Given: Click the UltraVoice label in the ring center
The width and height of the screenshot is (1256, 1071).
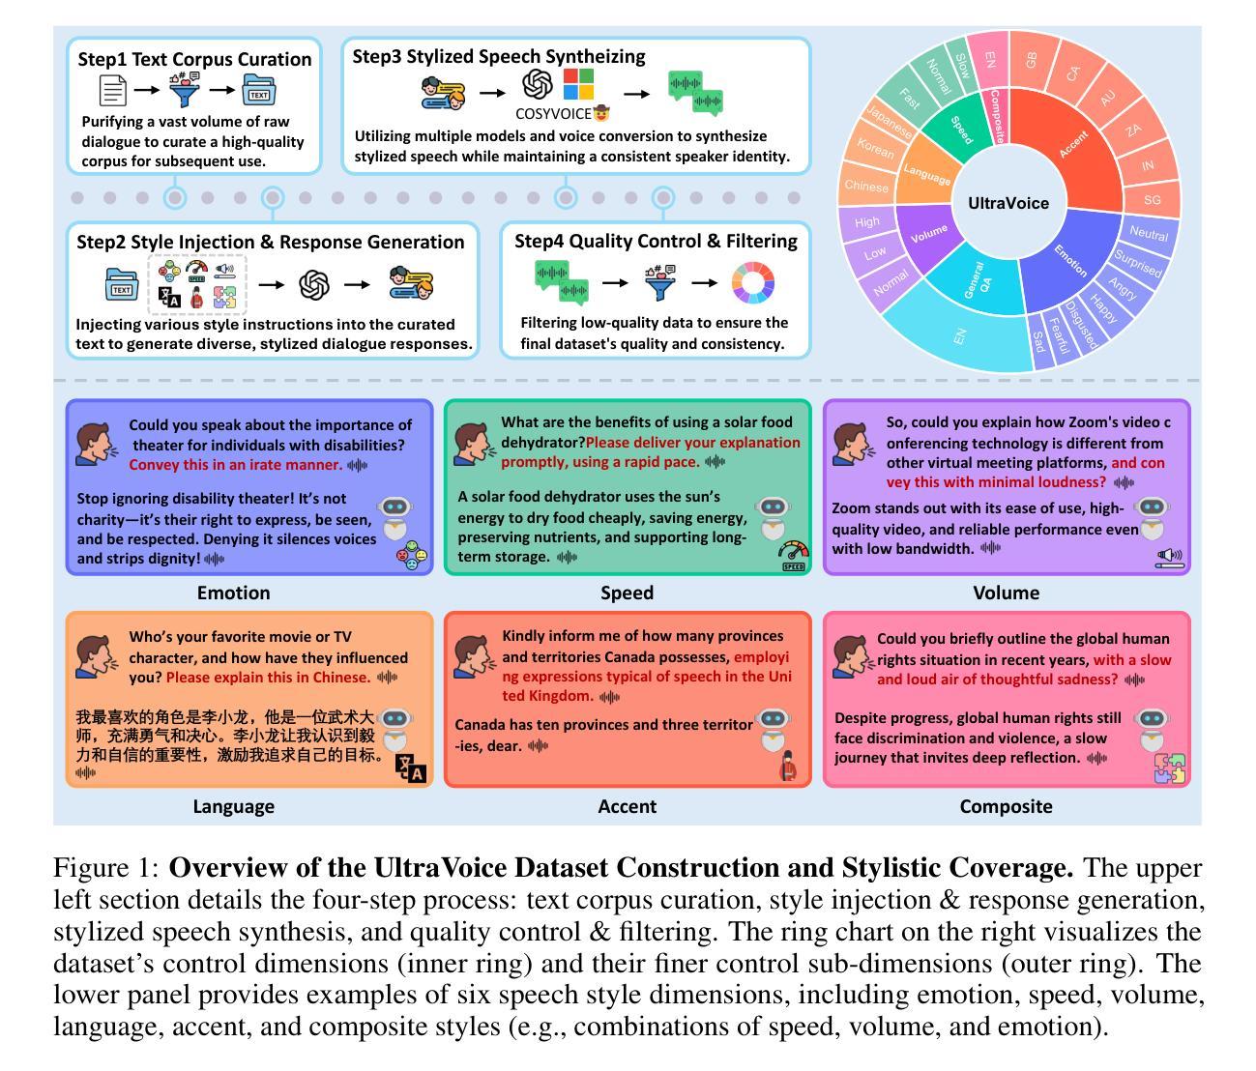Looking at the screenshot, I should tap(1008, 203).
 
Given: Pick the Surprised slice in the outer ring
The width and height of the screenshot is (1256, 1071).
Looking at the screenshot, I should tap(1138, 264).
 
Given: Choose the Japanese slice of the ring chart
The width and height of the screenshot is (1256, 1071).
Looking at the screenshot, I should tap(887, 121).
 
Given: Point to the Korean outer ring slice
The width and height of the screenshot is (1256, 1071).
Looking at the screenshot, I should tap(874, 150).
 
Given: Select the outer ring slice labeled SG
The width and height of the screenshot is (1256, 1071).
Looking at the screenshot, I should tap(1152, 199).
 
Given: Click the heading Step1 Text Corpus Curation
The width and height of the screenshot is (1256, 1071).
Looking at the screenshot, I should tap(194, 59).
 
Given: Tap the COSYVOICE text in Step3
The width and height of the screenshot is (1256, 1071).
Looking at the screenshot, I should tap(554, 114).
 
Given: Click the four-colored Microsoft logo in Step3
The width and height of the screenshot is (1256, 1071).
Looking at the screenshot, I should tap(578, 83).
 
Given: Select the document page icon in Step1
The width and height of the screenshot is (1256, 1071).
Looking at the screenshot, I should tap(113, 91).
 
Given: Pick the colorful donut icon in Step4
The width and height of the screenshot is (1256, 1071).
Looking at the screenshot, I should tap(753, 283).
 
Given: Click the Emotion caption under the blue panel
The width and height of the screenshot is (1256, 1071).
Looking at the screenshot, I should tap(233, 593).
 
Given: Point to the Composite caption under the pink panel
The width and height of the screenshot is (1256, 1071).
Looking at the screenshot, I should tap(1006, 806).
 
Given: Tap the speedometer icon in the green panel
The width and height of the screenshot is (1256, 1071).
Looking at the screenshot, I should tap(793, 556).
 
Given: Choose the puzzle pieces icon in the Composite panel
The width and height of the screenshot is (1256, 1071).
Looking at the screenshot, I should tap(1170, 768).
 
